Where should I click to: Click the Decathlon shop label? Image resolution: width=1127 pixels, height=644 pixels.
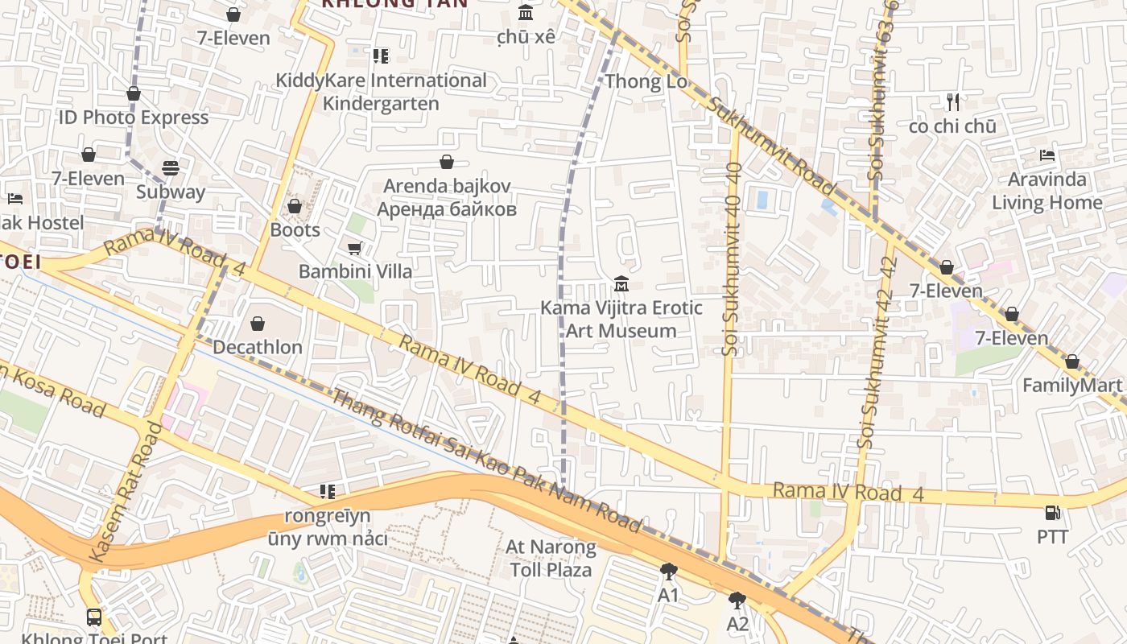tap(258, 347)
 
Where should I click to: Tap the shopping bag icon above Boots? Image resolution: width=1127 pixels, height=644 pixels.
tap(295, 207)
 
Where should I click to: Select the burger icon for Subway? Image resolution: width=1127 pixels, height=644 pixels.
tap(171, 168)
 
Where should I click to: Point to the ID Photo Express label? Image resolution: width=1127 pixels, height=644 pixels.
tap(134, 118)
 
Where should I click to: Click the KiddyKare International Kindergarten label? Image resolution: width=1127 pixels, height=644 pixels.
tap(381, 92)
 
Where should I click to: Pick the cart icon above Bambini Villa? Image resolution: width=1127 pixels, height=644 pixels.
tap(354, 249)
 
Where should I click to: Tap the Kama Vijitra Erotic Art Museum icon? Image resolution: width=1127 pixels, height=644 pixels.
tap(621, 284)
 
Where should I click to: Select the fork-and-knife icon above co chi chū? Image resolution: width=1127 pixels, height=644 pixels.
tap(953, 102)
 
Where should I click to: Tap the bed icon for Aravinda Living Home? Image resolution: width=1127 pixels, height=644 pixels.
tap(1046, 155)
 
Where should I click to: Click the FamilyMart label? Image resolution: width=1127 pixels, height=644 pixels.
tap(1071, 386)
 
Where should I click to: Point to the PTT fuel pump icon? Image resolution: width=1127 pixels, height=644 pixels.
tap(1051, 513)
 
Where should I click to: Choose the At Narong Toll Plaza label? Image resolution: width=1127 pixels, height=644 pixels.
tap(551, 559)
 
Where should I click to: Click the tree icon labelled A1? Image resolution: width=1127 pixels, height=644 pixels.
tap(668, 572)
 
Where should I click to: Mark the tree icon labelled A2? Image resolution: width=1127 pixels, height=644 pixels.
tap(737, 601)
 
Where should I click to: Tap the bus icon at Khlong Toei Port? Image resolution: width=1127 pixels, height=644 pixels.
tap(94, 617)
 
